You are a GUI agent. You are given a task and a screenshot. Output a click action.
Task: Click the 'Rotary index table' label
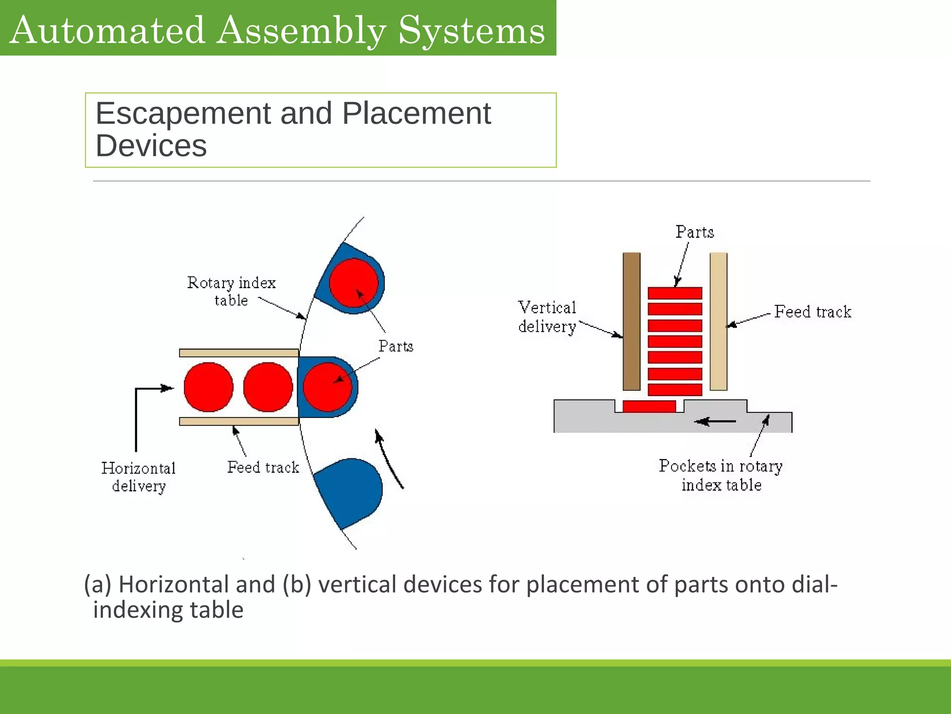231,291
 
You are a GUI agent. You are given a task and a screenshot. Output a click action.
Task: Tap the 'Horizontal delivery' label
138,476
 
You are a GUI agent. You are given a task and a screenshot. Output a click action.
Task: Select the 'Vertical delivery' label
547,317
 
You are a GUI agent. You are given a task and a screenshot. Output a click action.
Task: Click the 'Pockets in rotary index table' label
721,475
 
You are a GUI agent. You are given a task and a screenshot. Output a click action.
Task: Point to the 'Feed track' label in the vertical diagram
813,311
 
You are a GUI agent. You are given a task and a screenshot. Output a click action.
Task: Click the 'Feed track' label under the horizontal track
263,467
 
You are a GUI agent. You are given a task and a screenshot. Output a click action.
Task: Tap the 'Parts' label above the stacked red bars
695,232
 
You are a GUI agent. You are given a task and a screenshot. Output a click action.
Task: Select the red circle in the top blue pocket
354,283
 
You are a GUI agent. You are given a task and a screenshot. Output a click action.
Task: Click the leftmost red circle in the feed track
208,387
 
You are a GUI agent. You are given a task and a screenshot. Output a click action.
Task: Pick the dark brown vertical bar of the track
632,321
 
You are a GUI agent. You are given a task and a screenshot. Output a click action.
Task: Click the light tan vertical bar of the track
718,321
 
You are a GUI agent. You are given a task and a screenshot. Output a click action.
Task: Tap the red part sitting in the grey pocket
649,406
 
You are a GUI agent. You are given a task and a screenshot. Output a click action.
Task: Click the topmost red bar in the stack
675,293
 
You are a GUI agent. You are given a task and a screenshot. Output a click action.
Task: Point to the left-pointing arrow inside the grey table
715,422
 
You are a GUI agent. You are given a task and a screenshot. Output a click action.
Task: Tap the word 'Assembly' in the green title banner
301,31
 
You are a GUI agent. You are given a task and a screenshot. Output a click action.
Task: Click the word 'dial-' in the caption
814,584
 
